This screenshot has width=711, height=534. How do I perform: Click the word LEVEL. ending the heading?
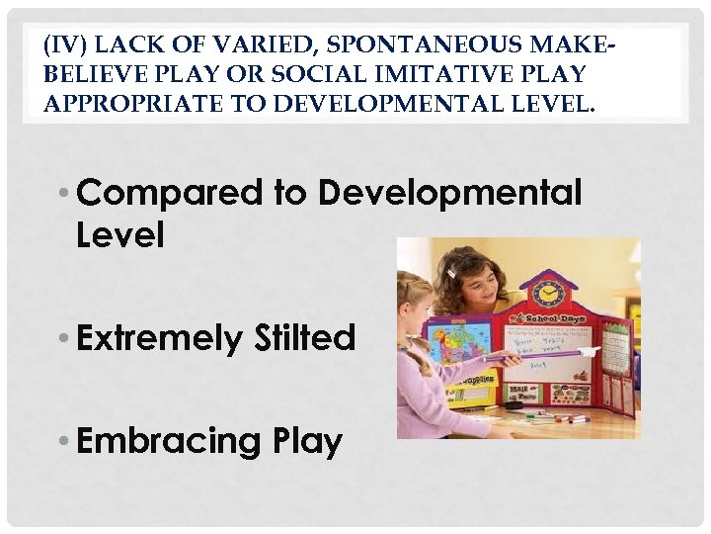[x=553, y=103]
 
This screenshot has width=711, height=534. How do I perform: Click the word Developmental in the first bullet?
[x=449, y=192]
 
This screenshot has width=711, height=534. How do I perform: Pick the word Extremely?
[x=159, y=339]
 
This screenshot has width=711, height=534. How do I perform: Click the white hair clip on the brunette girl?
[x=451, y=271]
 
